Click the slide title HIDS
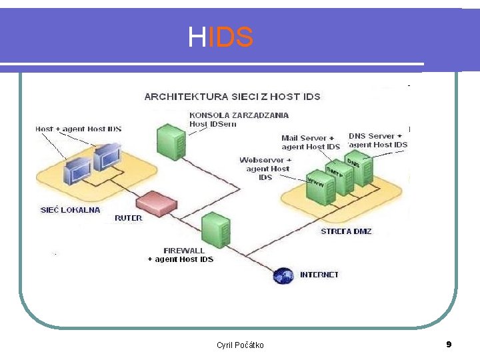click(x=221, y=38)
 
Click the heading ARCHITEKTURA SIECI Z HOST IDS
click(x=232, y=97)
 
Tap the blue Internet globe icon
click(x=285, y=275)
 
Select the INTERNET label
click(x=319, y=275)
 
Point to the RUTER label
click(x=128, y=218)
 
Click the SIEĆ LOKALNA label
click(x=71, y=209)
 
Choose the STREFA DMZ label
click(x=346, y=231)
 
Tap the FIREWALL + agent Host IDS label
click(x=180, y=255)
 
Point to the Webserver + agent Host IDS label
click(x=265, y=169)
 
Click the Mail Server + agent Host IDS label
click(x=311, y=143)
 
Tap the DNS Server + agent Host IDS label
click(x=378, y=140)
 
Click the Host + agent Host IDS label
click(x=78, y=129)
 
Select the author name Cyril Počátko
click(x=240, y=345)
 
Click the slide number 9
click(x=449, y=344)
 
